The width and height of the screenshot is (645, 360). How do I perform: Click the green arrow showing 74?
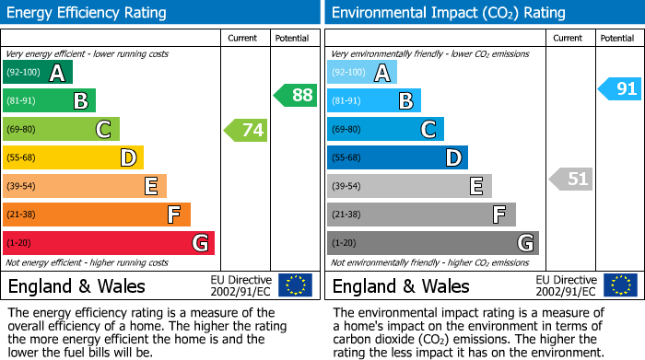coord(246,130)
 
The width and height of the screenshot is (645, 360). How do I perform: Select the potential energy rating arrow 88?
coord(295,95)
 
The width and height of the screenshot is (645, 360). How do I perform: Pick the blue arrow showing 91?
coord(618,88)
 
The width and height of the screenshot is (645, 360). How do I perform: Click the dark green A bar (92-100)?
coord(38,73)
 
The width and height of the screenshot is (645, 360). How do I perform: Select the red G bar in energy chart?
coord(109,243)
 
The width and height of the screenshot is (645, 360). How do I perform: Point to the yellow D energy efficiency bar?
coord(73,158)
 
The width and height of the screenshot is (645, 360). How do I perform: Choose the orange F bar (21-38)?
coord(97,215)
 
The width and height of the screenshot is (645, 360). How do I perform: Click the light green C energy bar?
coord(61,130)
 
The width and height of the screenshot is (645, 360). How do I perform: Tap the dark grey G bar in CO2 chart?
coord(432,243)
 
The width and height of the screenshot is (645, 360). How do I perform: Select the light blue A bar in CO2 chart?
coord(362,73)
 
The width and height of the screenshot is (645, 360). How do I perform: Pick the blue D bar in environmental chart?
coord(397,158)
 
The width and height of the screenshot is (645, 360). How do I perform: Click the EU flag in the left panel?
coord(295,285)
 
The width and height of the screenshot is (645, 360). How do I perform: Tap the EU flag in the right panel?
coord(619,285)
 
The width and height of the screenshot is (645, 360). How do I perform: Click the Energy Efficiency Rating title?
coord(88,13)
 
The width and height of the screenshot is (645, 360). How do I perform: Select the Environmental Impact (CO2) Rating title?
coord(448,13)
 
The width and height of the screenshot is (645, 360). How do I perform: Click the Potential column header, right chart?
coord(617,38)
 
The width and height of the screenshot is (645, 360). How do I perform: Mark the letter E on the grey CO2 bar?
coord(475,187)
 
